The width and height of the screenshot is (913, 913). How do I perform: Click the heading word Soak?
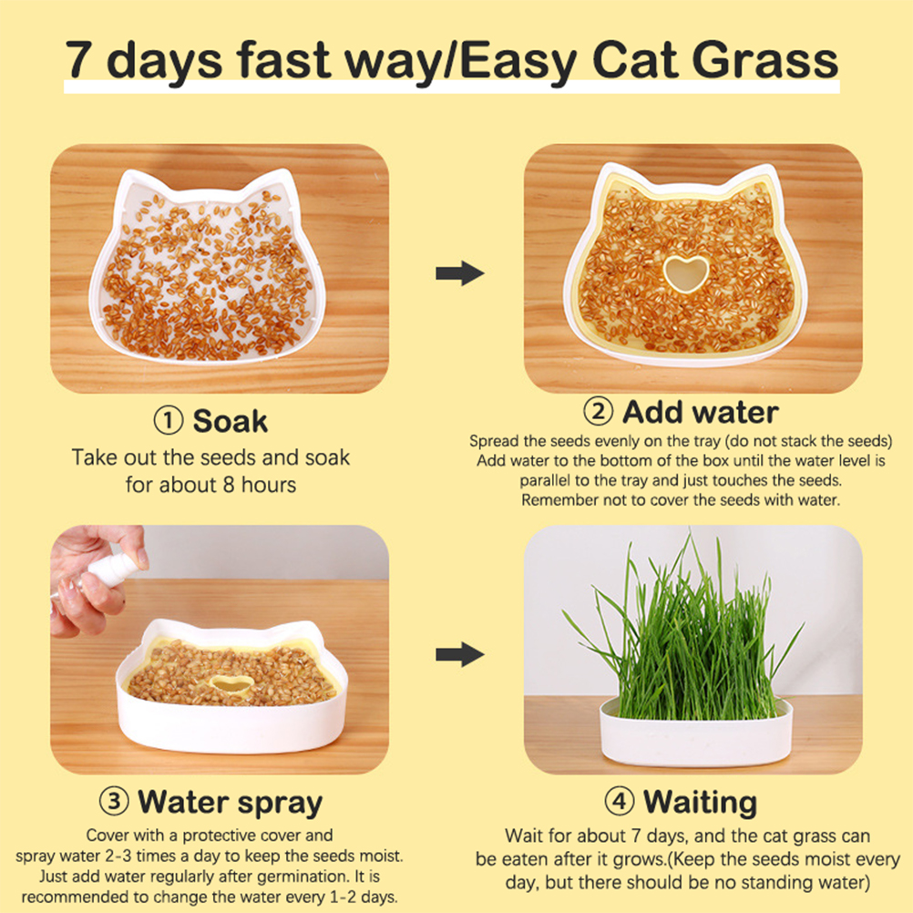[x=230, y=420]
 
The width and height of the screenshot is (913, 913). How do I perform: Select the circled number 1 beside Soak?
[x=169, y=420]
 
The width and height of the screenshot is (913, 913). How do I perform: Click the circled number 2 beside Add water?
[x=598, y=411]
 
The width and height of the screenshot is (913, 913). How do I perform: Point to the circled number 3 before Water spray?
[x=114, y=801]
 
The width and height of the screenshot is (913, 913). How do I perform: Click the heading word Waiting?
[x=700, y=803]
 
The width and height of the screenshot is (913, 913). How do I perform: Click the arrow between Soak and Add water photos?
[x=459, y=273]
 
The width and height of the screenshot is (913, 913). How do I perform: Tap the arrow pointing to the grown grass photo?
[x=459, y=654]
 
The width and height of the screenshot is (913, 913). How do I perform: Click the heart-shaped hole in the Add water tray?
[x=686, y=273]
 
